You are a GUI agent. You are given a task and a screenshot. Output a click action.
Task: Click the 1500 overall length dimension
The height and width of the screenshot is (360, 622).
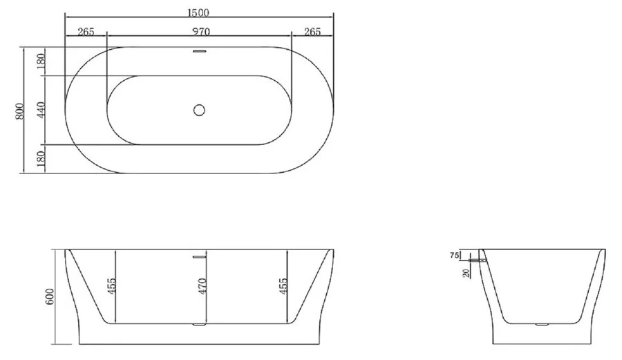(199, 12)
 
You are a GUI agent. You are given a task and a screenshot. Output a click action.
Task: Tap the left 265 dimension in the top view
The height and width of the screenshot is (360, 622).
(86, 31)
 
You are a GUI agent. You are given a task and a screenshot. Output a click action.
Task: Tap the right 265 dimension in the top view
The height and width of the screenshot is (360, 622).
(312, 31)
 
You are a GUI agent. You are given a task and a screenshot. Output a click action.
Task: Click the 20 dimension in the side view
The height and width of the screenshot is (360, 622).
(466, 273)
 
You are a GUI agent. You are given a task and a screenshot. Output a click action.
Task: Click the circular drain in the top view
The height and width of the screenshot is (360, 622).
(200, 109)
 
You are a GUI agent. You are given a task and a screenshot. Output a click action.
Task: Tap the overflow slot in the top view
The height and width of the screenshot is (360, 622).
(200, 51)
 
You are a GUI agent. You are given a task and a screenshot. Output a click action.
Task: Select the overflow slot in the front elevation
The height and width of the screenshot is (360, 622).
(200, 256)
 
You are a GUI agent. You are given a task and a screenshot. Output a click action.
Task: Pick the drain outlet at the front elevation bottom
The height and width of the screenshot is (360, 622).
(200, 323)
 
